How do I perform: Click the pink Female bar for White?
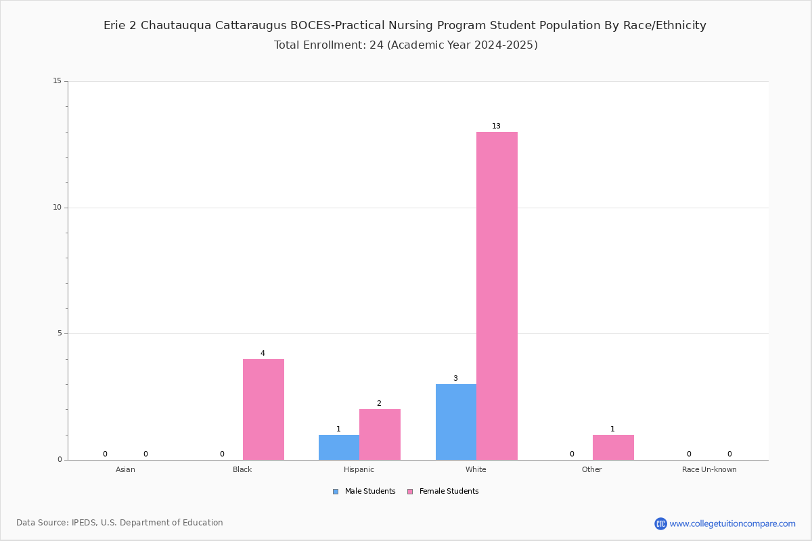[x=497, y=296]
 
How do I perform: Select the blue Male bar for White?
[x=456, y=422]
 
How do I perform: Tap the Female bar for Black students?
[x=263, y=409]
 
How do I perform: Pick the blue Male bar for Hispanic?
[x=339, y=447]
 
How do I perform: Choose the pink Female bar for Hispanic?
[x=380, y=434]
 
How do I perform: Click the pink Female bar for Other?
[x=613, y=447]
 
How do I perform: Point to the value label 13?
[x=496, y=126]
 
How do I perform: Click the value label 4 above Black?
[x=263, y=353]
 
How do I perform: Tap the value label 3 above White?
[x=455, y=378]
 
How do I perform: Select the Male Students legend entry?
[x=364, y=491]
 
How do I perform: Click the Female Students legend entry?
[x=443, y=491]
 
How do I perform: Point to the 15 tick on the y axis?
[x=58, y=80]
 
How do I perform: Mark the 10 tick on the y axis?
[x=58, y=207]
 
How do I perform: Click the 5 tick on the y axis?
[x=60, y=333]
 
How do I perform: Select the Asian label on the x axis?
[x=125, y=469]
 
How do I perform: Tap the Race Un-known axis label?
[x=709, y=469]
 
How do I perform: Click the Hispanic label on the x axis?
[x=359, y=469]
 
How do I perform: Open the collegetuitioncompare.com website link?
[x=732, y=523]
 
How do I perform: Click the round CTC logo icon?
[x=660, y=523]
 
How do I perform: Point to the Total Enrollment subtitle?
[x=405, y=45]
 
